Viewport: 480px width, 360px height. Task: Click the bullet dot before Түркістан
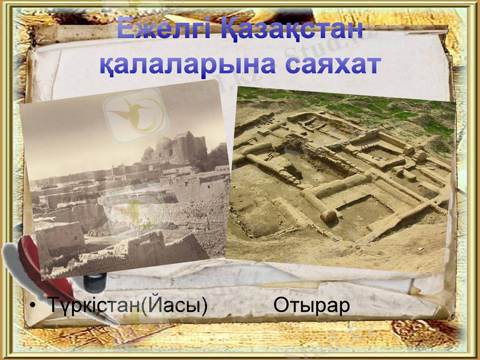tap(34, 307)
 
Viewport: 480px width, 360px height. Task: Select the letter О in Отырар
tap(281, 305)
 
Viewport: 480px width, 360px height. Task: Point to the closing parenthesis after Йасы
tap(204, 306)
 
